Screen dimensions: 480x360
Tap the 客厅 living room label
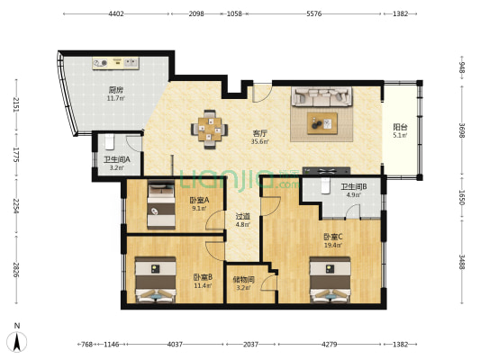pos(259,133)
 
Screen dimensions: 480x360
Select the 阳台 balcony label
pos(400,127)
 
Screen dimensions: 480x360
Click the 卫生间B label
pos(354,186)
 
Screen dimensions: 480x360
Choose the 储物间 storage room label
pos(244,279)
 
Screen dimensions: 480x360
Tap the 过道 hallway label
pos(243,216)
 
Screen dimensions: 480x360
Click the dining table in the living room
pos(210,130)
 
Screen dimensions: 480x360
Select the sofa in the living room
pos(322,96)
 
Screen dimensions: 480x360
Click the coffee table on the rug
pos(322,123)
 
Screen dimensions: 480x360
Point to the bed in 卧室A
pos(161,204)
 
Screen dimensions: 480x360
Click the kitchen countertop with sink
pos(116,63)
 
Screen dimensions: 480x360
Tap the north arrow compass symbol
pos(17,340)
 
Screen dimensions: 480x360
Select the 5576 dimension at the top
pos(314,13)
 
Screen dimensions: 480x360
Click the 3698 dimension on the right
pos(462,130)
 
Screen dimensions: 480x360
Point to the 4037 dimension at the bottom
pos(175,345)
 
